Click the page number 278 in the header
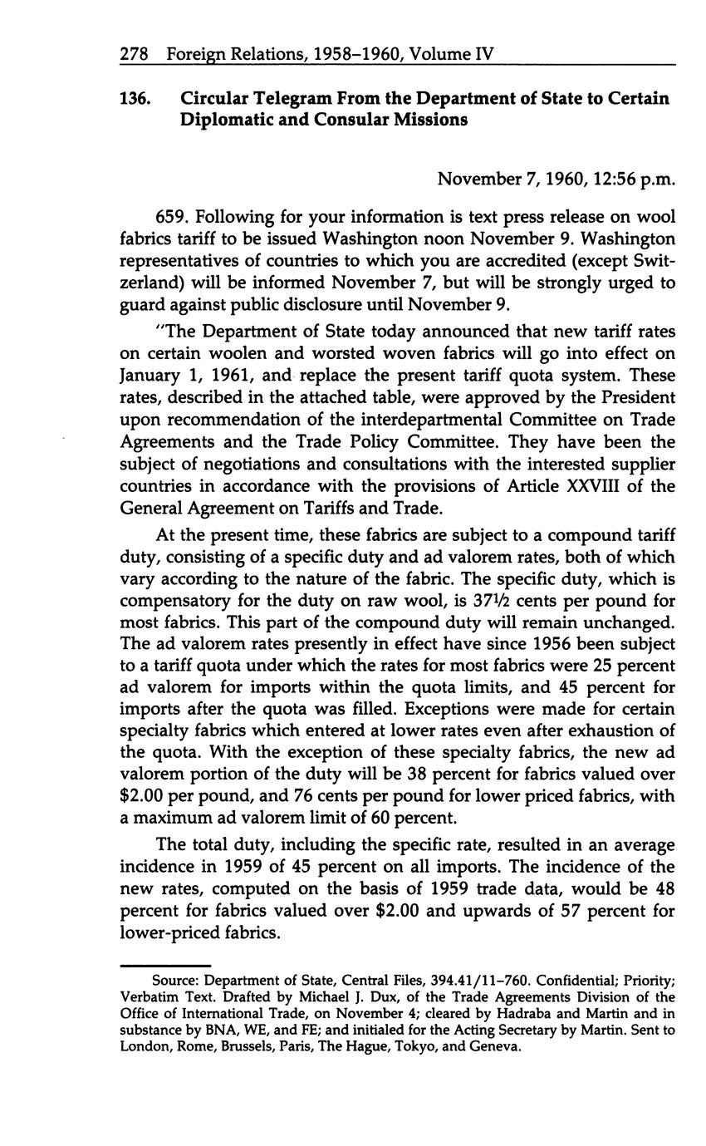click(x=134, y=54)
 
